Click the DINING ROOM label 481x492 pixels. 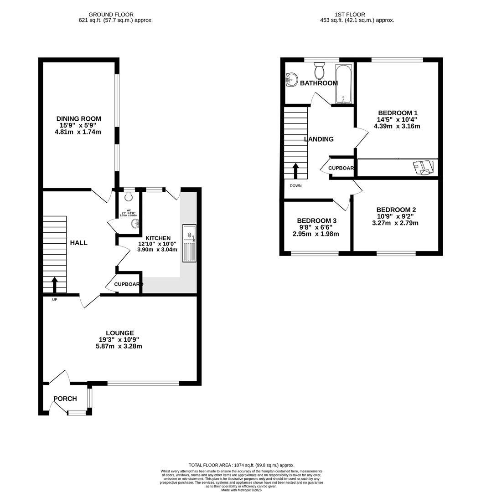(x=78, y=118)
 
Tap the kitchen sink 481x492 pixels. (x=189, y=243)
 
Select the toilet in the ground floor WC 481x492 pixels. (x=128, y=196)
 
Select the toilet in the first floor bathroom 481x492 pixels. (x=319, y=71)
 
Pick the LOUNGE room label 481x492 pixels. (x=120, y=333)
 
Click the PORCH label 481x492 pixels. (x=65, y=399)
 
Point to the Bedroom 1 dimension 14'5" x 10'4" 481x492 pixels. (x=398, y=120)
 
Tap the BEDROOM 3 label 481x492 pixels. (x=316, y=220)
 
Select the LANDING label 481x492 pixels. (x=319, y=139)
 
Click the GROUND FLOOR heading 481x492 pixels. (x=111, y=15)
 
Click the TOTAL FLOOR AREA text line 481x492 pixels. (x=242, y=465)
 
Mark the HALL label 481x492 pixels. (x=78, y=243)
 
